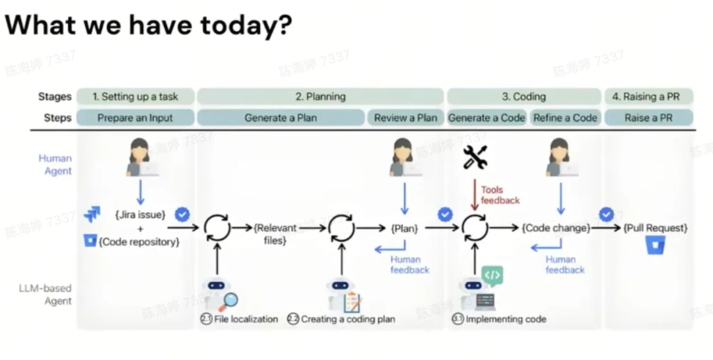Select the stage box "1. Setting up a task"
135,96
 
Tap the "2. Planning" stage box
320,96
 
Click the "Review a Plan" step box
405,118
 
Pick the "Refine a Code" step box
565,118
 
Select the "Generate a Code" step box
487,118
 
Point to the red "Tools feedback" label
500,195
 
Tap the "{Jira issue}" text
140,215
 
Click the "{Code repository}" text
139,242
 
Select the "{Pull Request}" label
655,228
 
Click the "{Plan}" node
405,228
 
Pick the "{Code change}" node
556,228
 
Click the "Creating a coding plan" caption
347,319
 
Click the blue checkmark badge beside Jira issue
182,215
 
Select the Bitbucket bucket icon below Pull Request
655,246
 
